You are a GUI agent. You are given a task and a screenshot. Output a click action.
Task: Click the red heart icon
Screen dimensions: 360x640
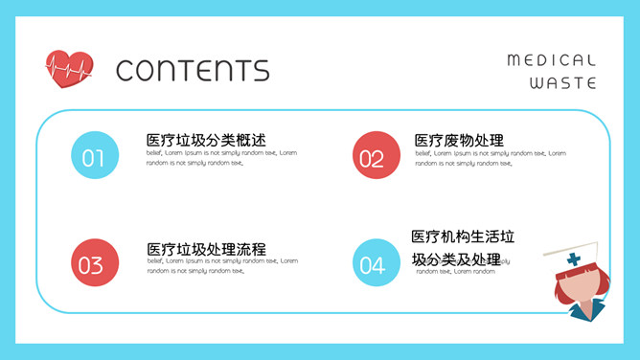pos(69,69)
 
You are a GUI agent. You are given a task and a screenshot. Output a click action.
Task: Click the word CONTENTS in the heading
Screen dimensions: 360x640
pos(193,70)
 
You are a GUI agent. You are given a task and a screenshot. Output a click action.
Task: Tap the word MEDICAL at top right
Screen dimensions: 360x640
pos(551,60)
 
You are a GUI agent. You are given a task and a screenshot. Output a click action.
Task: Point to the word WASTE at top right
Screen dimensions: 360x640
pos(563,83)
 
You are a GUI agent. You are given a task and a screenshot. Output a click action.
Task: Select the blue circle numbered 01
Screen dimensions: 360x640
pos(94,155)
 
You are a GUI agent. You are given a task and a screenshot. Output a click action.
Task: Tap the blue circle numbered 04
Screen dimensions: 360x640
pos(375,263)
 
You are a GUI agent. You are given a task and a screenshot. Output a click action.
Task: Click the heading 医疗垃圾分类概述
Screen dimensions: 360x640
pos(205,141)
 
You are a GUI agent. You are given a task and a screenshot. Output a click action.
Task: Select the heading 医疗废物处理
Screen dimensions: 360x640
pos(459,141)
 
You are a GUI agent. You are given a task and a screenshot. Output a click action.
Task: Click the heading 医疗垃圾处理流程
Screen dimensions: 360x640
pos(206,249)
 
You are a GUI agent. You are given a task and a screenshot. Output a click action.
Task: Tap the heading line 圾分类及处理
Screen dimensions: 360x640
pos(456,259)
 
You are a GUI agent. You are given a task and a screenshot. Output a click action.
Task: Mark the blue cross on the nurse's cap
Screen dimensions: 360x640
pos(574,259)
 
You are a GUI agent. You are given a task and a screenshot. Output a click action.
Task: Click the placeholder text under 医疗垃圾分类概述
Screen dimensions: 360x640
pos(221,158)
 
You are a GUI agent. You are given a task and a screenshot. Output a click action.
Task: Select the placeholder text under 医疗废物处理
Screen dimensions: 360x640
pos(490,158)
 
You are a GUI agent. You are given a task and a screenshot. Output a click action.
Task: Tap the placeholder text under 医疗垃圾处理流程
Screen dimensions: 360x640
pos(221,265)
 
